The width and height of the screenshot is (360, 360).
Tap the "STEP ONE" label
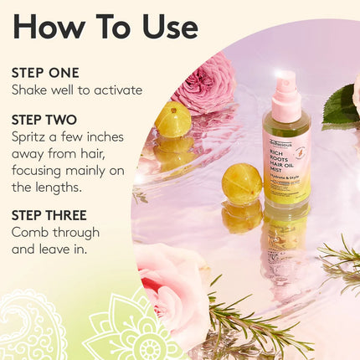46,73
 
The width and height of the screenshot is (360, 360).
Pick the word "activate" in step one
117,90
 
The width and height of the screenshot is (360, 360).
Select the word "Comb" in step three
31,232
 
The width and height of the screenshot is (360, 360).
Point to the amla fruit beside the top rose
172,120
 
